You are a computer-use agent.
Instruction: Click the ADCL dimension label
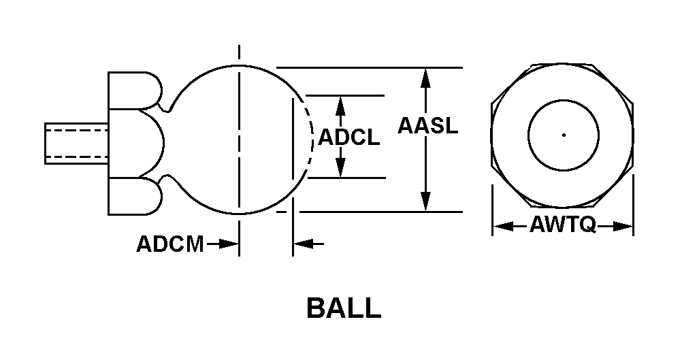(x=349, y=137)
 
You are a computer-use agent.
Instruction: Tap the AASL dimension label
(x=428, y=126)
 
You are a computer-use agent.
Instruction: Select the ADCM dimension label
(x=170, y=244)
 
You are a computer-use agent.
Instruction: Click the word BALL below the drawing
(x=344, y=308)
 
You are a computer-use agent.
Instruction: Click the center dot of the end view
(x=564, y=135)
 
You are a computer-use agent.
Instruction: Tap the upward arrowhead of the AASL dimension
(x=426, y=78)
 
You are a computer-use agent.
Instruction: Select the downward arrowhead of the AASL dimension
(x=426, y=201)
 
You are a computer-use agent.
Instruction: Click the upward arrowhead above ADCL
(x=340, y=105)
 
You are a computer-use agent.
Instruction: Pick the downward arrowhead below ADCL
(x=340, y=168)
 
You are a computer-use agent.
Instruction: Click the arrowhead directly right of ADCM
(x=228, y=244)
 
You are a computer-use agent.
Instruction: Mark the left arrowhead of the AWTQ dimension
(x=503, y=226)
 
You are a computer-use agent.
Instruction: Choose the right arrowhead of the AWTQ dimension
(x=622, y=226)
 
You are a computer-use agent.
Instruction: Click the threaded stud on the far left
(x=76, y=144)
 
